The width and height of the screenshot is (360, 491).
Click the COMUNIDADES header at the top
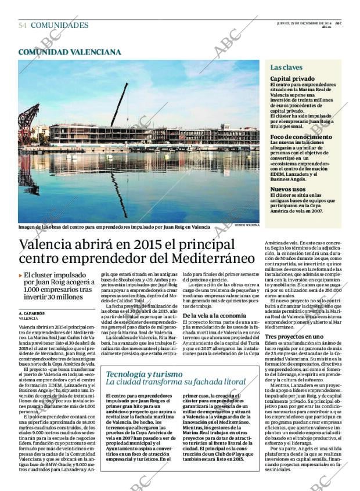click(x=59, y=26)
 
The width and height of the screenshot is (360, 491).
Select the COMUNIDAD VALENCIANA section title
click(x=70, y=52)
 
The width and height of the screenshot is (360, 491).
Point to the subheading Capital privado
click(x=292, y=78)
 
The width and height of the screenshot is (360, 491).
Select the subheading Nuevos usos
click(x=288, y=189)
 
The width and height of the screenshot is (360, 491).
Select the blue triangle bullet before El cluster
click(x=21, y=276)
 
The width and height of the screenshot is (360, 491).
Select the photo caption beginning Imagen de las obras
click(x=113, y=227)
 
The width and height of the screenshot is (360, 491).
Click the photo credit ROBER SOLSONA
click(x=247, y=224)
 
